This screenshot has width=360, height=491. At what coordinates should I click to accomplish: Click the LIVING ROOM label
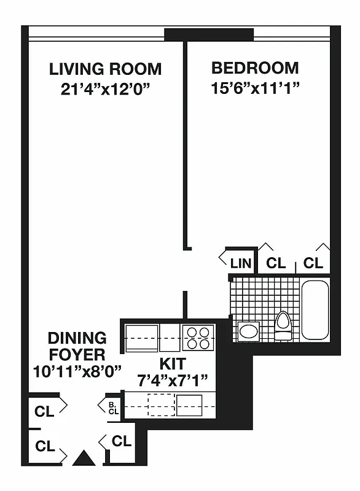coord(106,69)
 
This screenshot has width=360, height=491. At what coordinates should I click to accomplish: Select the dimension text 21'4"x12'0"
coord(106,88)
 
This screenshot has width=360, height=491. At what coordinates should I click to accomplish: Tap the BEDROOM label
coord(255,68)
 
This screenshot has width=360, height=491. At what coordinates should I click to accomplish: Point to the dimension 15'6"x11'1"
coord(255,88)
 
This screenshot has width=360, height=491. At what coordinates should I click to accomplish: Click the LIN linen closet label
coord(241,264)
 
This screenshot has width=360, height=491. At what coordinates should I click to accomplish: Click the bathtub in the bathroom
coord(315,309)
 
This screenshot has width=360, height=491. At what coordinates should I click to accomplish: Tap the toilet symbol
coord(283,325)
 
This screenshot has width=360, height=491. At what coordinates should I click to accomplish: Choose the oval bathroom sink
coord(249,332)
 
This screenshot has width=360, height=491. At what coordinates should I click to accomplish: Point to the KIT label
coord(173,363)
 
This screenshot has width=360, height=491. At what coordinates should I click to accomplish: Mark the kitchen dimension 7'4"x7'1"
coord(173,379)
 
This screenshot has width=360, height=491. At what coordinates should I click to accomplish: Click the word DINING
coord(77,338)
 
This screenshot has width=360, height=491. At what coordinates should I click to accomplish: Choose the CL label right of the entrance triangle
coord(121,441)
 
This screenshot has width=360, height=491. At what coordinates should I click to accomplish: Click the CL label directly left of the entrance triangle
coord(45,446)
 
